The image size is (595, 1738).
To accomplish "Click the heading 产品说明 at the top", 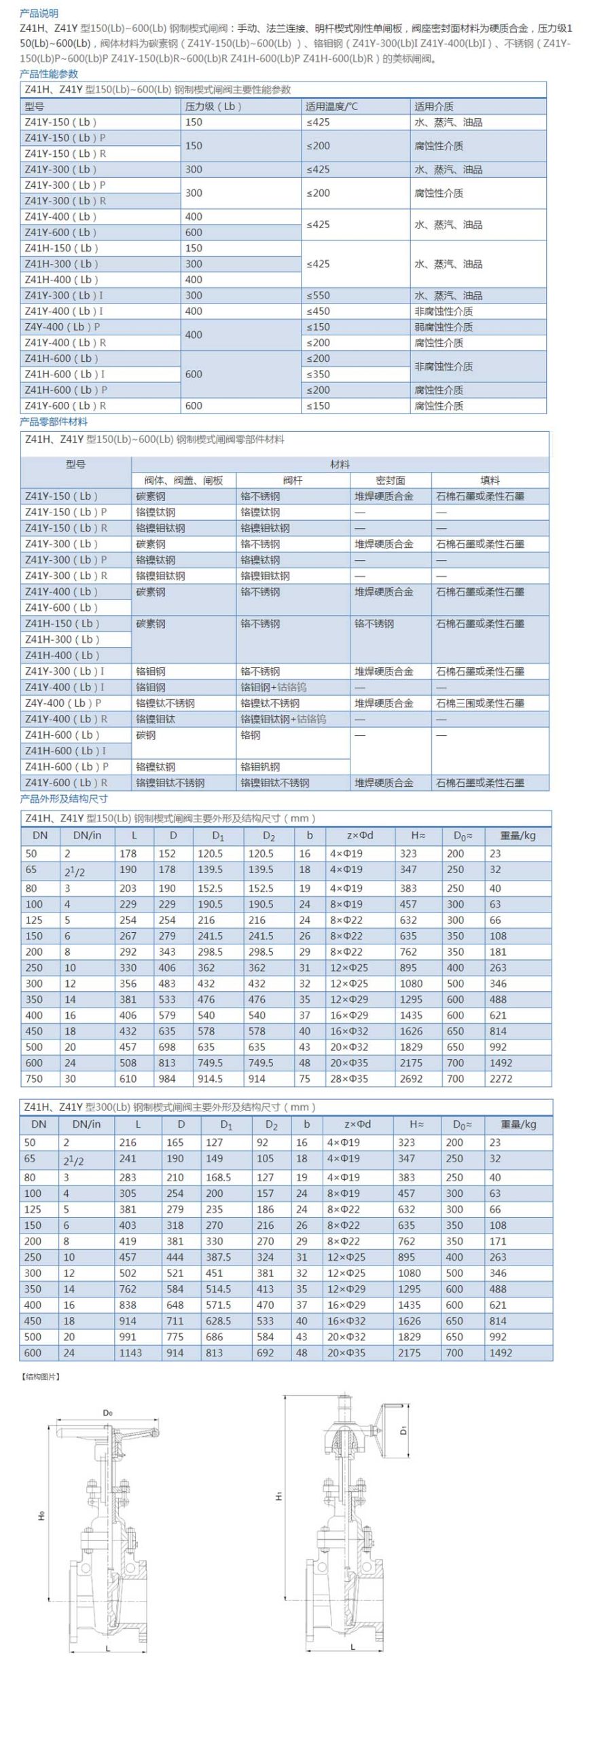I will [39, 13].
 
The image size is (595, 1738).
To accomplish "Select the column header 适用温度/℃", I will [331, 106].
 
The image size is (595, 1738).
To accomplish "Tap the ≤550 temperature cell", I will [318, 295].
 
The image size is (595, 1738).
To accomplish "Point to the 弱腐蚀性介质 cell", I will [444, 327].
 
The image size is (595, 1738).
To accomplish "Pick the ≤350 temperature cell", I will [318, 374].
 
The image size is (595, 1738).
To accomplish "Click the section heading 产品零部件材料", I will [54, 422].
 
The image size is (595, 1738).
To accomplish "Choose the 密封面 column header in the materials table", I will [390, 480].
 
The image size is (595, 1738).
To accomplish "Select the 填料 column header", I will [490, 480].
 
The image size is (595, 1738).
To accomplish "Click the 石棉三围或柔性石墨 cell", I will [480, 703].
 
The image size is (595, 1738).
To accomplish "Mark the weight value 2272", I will [501, 1079].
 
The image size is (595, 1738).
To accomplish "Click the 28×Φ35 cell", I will [349, 1079].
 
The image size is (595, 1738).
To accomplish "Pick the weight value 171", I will [498, 1241].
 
